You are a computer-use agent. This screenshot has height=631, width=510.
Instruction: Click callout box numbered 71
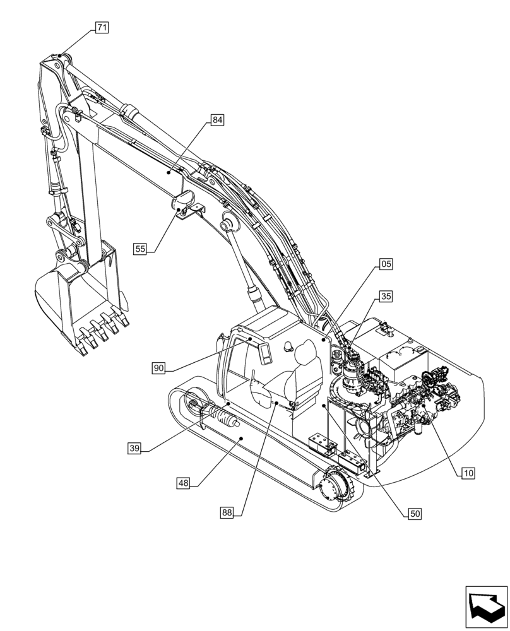tap(102, 27)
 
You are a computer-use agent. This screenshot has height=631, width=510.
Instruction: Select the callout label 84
tap(217, 119)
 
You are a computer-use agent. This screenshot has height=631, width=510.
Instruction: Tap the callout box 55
tap(140, 249)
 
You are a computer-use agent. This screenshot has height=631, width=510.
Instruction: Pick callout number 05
tap(386, 264)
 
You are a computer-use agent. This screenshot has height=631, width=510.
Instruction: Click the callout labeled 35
tap(386, 295)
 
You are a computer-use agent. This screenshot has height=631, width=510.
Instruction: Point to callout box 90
tap(158, 367)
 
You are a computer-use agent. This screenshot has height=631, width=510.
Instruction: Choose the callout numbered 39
tap(134, 448)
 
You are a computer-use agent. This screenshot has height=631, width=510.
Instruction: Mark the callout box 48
tap(183, 483)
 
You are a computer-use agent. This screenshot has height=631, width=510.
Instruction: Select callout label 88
tap(227, 512)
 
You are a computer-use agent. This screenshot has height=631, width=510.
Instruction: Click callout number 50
tap(415, 514)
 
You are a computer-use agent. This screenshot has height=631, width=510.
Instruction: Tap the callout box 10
tap(468, 472)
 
